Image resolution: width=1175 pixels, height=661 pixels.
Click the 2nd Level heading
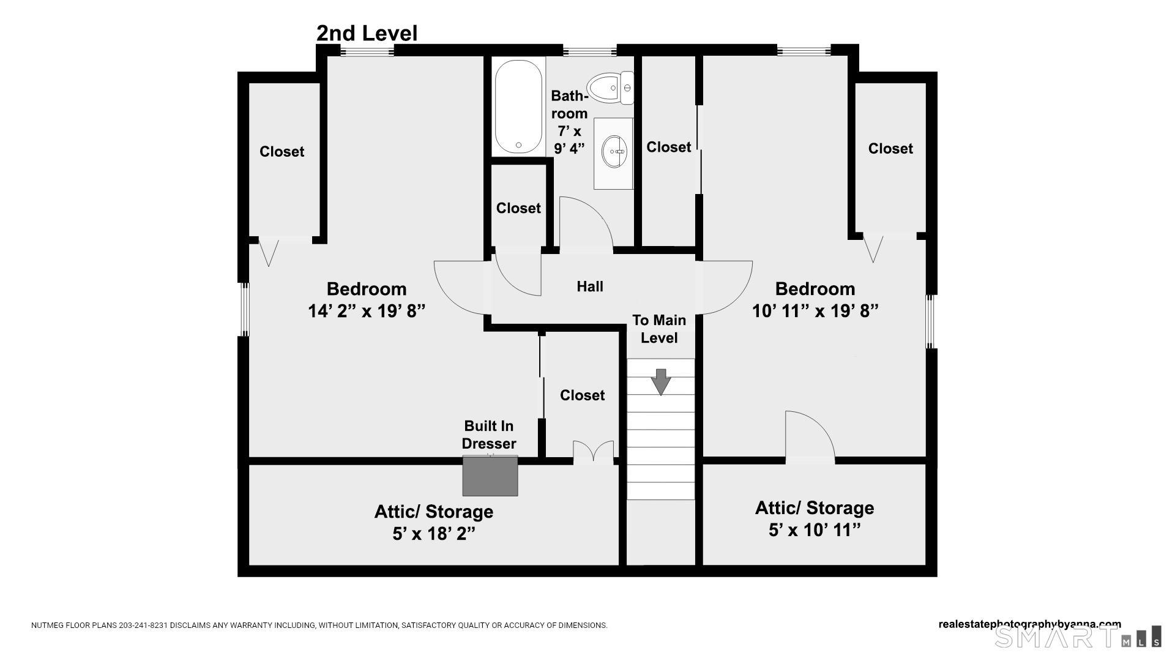367,33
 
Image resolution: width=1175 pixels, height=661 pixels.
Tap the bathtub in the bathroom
518,107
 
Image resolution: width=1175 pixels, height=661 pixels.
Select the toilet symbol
610,88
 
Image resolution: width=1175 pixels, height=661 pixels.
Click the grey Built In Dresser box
490,476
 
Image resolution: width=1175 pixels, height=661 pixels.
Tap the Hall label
590,286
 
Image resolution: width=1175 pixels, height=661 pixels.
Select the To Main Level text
659,329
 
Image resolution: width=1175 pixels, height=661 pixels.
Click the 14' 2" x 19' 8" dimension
366,312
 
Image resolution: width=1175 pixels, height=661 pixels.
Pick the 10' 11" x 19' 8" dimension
815,312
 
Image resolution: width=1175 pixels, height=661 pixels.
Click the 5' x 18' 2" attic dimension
433,534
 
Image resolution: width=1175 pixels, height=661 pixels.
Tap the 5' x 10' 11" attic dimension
814,530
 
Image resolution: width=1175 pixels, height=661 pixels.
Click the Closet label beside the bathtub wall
518,208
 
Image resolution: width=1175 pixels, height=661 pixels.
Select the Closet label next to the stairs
582,395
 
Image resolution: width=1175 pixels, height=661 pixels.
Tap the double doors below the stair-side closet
593,453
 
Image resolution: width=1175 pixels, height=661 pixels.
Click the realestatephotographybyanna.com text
1029,624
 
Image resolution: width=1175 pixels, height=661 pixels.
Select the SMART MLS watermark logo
1077,637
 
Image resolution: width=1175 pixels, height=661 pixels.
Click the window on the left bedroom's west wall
244,309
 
